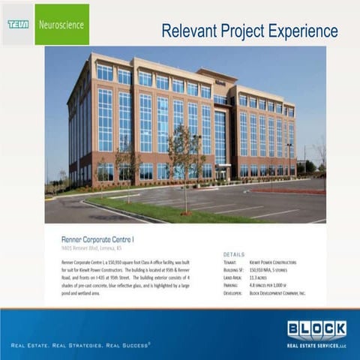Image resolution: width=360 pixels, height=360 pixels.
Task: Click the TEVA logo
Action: pyautogui.click(x=18, y=24)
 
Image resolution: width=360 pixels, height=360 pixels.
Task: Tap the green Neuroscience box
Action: pyautogui.click(x=61, y=24)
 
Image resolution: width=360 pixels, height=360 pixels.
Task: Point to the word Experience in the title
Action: pyautogui.click(x=299, y=31)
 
